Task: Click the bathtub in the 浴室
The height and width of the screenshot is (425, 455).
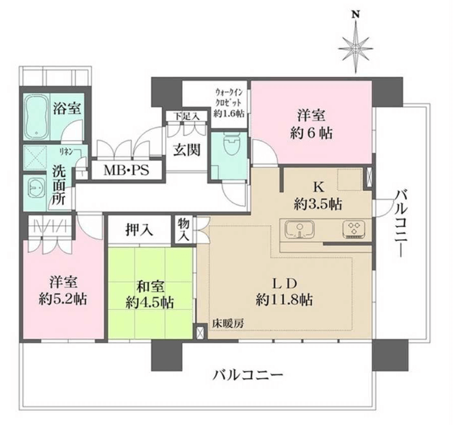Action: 37,117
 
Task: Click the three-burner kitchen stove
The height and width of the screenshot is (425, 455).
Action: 354,229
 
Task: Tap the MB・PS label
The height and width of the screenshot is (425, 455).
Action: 126,170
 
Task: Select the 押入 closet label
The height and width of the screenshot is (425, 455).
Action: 139,230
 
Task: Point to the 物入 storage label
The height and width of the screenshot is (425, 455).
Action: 183,230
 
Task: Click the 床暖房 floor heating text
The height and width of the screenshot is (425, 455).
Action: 228,323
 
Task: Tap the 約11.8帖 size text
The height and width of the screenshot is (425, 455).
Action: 284,299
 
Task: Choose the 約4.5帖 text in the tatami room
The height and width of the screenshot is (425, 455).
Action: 150,303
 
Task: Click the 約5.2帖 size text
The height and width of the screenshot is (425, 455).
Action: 63,299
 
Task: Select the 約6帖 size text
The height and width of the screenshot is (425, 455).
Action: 311,133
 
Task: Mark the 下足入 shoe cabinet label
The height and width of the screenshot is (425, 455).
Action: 187,116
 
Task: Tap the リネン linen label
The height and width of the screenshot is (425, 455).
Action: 66,151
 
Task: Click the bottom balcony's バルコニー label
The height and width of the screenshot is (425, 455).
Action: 247,375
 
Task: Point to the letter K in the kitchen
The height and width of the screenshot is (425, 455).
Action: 318,187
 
